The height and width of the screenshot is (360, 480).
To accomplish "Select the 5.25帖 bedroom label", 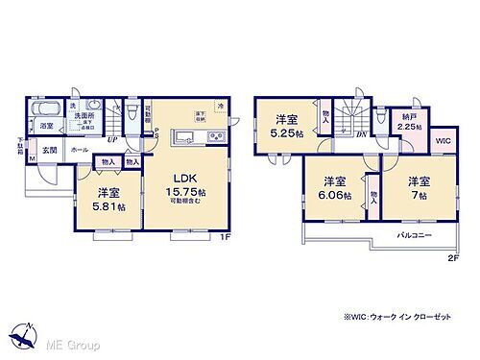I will (285, 126).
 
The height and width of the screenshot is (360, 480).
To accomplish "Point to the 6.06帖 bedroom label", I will (335, 187).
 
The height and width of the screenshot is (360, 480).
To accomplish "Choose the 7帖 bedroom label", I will (417, 187).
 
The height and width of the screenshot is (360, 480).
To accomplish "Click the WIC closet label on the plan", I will (443, 141).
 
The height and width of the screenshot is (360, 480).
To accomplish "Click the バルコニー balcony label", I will (415, 233).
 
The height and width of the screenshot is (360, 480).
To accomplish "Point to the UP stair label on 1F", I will (113, 138).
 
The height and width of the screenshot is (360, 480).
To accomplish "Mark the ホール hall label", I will (79, 150).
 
